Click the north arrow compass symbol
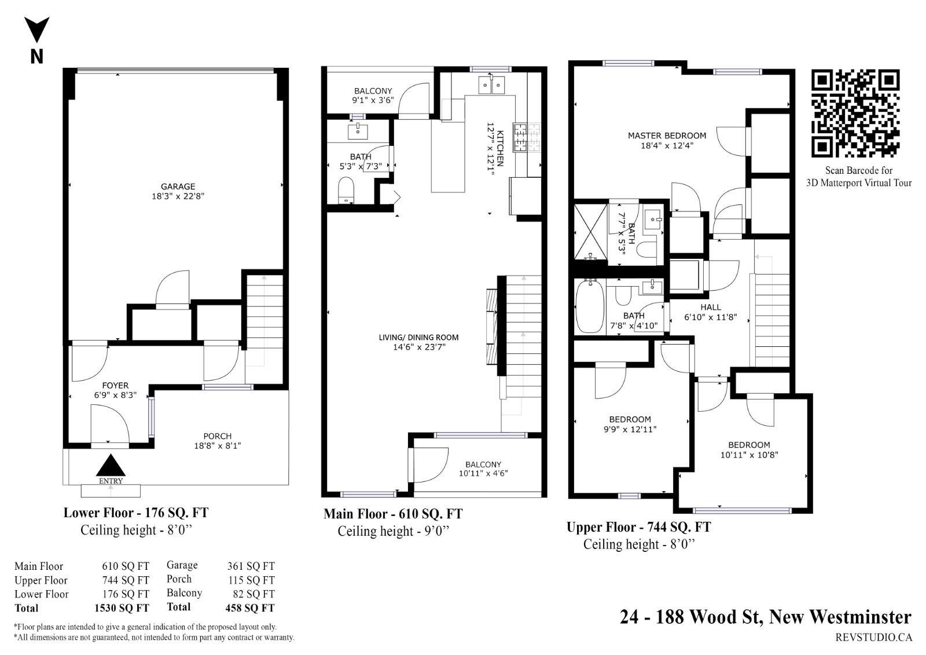(37, 30)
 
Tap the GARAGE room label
(178, 186)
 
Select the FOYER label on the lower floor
(115, 385)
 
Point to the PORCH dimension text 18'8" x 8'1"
(218, 445)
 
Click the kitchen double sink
(491, 85)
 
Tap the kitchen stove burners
(527, 137)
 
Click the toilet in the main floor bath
(346, 191)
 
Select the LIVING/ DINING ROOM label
(419, 338)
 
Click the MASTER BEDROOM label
(667, 136)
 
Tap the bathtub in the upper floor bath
(590, 306)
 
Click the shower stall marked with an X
(591, 232)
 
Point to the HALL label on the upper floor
(711, 308)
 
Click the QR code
(855, 114)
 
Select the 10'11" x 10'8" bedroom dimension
(749, 455)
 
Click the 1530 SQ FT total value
(122, 608)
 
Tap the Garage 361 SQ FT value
(251, 566)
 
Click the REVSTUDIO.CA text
(873, 637)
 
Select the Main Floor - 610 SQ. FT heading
(393, 514)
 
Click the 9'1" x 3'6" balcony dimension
(373, 100)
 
